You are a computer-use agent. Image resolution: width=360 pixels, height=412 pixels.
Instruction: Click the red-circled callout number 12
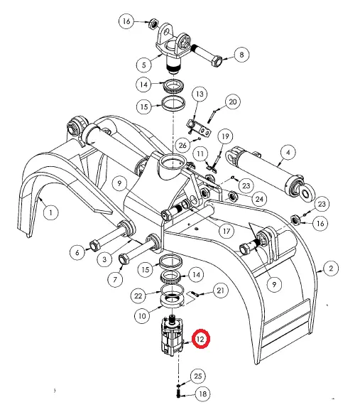point(201,339)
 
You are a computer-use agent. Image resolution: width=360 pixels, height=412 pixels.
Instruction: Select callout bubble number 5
point(144,65)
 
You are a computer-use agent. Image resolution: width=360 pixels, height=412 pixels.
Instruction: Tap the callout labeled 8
point(241,55)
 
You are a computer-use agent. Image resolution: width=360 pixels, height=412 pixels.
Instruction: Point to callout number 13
point(200,94)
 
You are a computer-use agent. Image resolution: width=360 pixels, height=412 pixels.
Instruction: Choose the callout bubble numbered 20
point(233,102)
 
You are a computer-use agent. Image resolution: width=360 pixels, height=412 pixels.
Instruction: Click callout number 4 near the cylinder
point(288,153)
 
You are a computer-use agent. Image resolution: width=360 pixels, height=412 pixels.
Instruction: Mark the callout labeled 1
point(50,212)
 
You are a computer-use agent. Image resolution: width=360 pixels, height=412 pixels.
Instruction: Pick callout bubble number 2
point(331,269)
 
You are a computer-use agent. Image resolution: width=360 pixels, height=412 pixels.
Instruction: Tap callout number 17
point(227,231)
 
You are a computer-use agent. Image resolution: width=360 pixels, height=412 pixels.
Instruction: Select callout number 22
point(138,296)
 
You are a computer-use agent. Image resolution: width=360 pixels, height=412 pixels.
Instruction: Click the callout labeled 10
point(142,315)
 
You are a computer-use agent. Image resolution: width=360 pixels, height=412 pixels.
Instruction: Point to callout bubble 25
point(197,376)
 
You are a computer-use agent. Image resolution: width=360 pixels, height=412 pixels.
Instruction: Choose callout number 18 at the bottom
point(202,394)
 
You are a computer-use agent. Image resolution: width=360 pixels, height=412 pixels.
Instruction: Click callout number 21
point(220,291)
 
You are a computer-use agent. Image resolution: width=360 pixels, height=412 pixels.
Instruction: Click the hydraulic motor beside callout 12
point(172,336)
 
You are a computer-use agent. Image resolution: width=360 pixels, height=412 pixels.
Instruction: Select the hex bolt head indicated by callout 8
point(216,62)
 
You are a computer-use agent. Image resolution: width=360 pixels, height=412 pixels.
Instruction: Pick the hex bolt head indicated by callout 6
point(94,246)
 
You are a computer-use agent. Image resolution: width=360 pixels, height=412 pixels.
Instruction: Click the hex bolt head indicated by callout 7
point(124,259)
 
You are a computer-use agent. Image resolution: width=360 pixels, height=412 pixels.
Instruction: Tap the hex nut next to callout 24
point(232,196)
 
